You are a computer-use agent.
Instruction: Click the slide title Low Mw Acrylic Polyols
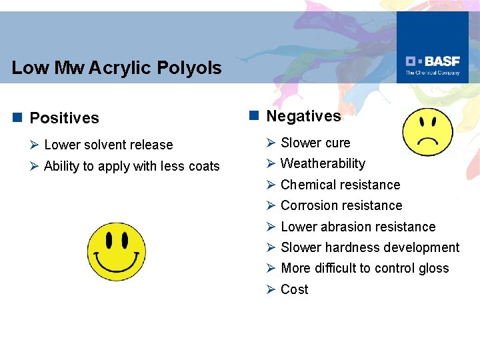[x=117, y=68]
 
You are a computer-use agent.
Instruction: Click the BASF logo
[x=433, y=63]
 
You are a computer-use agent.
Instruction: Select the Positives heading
[x=64, y=118]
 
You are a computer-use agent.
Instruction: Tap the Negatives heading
[x=303, y=116]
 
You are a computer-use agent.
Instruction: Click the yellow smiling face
[x=117, y=251]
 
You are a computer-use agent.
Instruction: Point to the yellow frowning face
[x=429, y=131]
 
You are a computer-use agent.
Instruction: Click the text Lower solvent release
[x=108, y=145]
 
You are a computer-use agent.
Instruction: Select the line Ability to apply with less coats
[x=131, y=166]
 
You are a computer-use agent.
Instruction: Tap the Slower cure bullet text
[x=315, y=143]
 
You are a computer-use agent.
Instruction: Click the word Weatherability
[x=323, y=163]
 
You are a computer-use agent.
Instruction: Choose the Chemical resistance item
[x=340, y=185]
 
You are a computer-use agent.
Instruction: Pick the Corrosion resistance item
[x=341, y=205]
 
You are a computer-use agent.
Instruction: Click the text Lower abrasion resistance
[x=358, y=227]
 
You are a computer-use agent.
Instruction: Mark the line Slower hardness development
[x=370, y=247]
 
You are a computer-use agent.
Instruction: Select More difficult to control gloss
[x=365, y=268]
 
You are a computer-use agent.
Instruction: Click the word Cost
[x=294, y=289]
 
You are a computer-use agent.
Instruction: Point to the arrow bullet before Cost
[x=271, y=289]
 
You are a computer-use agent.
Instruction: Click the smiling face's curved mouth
[x=117, y=261]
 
